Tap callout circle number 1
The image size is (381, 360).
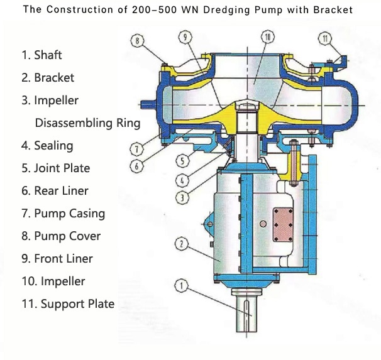pyautogui.click(x=182, y=286)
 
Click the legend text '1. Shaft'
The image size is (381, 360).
pyautogui.click(x=41, y=55)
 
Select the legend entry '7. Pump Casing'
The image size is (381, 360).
pyautogui.click(x=63, y=213)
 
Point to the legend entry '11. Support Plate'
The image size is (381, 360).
pyautogui.click(x=68, y=304)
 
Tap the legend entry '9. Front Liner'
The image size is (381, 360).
pyautogui.click(x=57, y=258)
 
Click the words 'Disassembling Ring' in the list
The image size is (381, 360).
pyautogui.click(x=87, y=123)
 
